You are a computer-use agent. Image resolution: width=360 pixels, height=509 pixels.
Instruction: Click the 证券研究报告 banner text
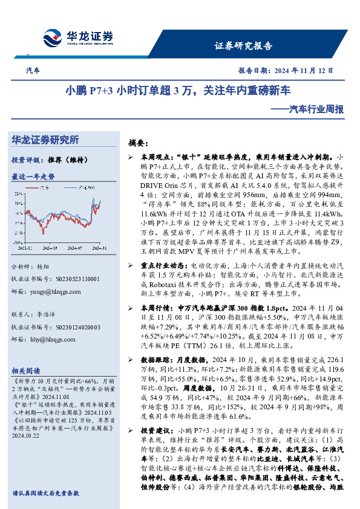(x=244, y=46)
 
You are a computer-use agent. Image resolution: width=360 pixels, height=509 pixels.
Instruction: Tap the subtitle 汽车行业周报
(x=316, y=109)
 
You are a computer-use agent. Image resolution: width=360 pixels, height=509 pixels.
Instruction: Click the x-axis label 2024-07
(x=74, y=247)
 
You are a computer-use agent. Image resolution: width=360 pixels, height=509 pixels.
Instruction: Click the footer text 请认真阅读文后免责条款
(x=45, y=493)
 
